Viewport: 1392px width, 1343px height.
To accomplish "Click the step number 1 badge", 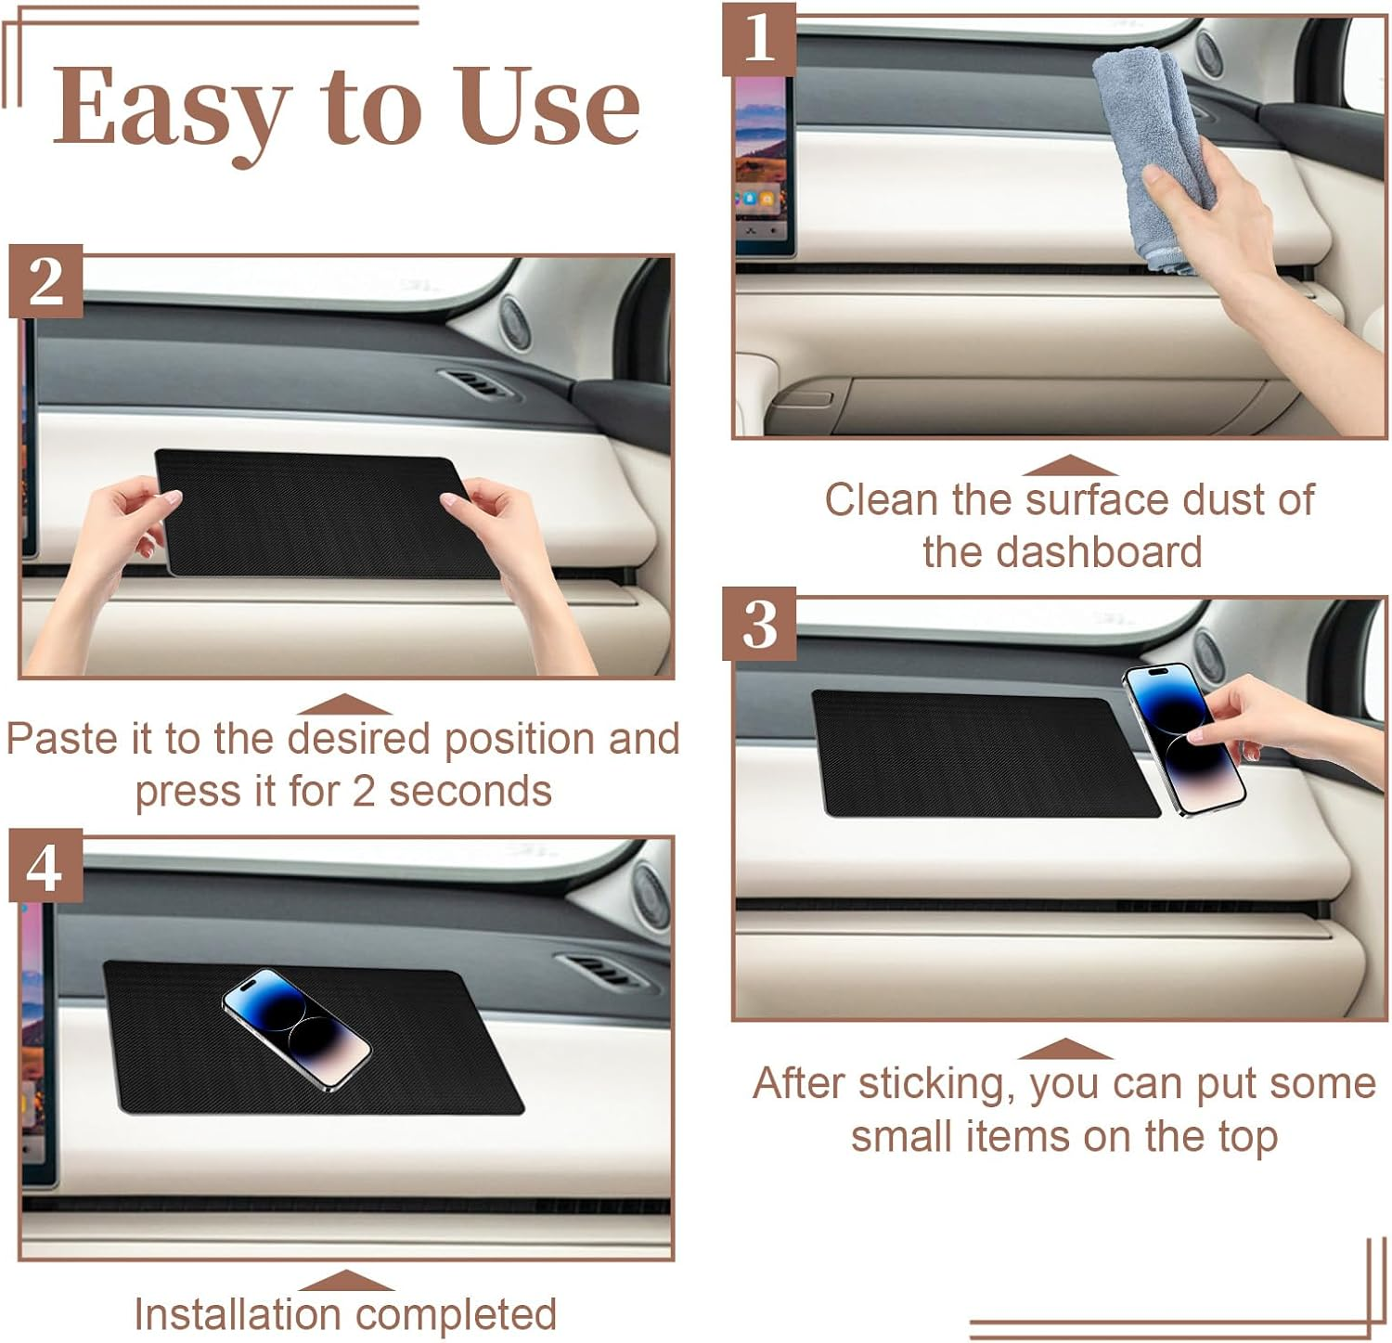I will pyautogui.click(x=759, y=39).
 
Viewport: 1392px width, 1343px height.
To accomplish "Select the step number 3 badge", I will pyautogui.click(x=759, y=624).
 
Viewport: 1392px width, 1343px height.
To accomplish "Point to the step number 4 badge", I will pyautogui.click(x=45, y=867).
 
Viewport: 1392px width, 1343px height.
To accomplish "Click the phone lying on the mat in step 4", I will pyautogui.click(x=296, y=1028).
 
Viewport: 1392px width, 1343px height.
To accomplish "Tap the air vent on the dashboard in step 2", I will pyautogui.click(x=472, y=381).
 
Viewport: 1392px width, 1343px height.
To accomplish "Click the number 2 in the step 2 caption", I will pyautogui.click(x=363, y=792).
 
